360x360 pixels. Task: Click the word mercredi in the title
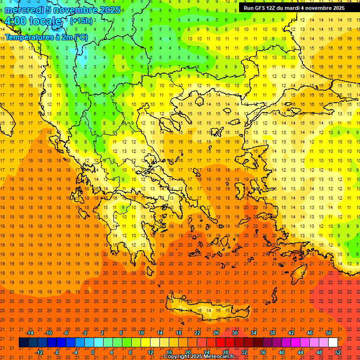coord(24,10)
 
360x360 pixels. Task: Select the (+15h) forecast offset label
coord(81,21)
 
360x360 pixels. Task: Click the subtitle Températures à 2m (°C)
coord(46,37)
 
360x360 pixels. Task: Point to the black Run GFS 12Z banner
coord(294,8)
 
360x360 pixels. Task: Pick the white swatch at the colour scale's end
coord(333,343)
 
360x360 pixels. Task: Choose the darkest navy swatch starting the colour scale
coord(23,343)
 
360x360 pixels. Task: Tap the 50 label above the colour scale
coord(328,333)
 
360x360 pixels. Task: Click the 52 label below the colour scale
coord(337,352)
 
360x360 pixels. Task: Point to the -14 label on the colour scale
coord(30,333)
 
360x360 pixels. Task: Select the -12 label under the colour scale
coord(39,352)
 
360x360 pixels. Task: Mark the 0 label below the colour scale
coord(92,352)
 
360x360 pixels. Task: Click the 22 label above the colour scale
coord(197,333)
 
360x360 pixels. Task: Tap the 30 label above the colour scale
coord(234,333)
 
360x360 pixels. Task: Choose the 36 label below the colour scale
coord(263,352)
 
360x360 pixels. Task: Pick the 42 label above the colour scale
coord(291,333)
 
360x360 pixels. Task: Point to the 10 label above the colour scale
coord(141,333)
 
